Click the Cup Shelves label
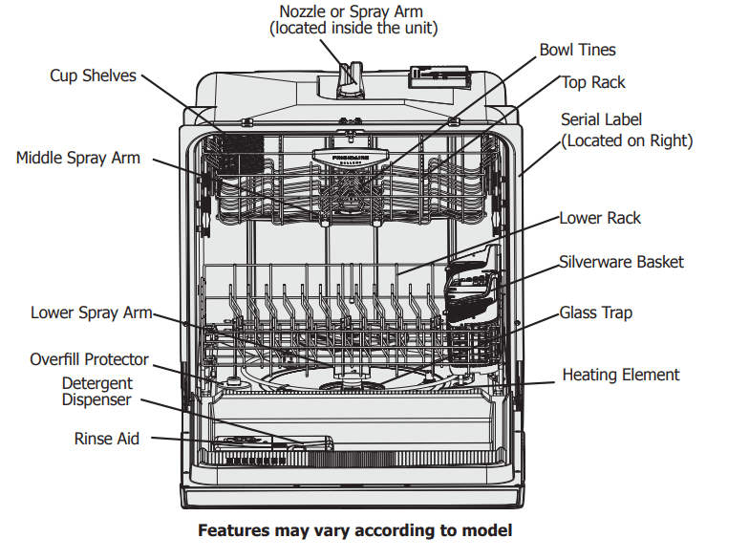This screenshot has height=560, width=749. pyautogui.click(x=93, y=75)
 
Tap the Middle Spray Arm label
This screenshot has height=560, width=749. pyautogui.click(x=77, y=158)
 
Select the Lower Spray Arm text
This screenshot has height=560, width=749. pyautogui.click(x=91, y=312)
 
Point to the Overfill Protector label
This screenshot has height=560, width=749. pyautogui.click(x=89, y=359)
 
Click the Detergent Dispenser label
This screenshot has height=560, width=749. pyautogui.click(x=96, y=392)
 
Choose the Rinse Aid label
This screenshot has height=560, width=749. pyautogui.click(x=106, y=439)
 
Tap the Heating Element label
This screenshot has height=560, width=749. pyautogui.click(x=620, y=375)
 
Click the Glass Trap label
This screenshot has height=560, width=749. pyautogui.click(x=595, y=312)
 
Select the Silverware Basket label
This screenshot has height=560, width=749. pyautogui.click(x=621, y=261)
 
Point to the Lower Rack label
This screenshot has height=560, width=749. pyautogui.click(x=600, y=218)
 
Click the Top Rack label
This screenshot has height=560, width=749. pyautogui.click(x=592, y=82)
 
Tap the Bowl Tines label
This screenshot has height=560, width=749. pyautogui.click(x=577, y=50)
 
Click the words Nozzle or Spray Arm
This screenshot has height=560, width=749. pyautogui.click(x=351, y=11)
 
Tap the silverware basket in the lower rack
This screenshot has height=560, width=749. pyautogui.click(x=471, y=282)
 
